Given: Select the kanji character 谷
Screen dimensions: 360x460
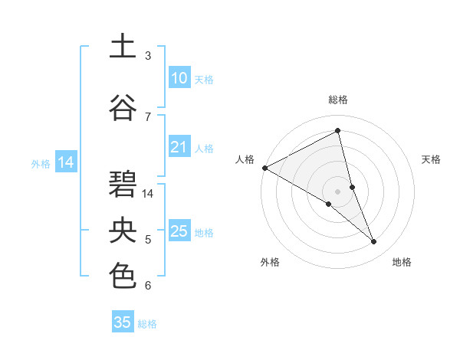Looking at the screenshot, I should (x=123, y=107).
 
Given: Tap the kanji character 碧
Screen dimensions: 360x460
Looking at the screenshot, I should (x=123, y=184).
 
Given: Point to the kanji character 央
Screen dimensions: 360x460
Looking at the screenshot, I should (x=123, y=231).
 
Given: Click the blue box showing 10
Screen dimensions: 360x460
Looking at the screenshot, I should (x=179, y=79).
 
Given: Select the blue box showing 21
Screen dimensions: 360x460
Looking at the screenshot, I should (x=179, y=148).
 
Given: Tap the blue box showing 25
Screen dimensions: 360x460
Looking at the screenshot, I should (x=179, y=232).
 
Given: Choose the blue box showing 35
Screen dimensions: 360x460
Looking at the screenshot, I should (x=123, y=322).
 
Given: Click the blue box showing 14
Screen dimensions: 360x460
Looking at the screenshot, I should (x=65, y=162).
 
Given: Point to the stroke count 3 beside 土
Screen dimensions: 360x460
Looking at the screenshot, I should (x=148, y=56).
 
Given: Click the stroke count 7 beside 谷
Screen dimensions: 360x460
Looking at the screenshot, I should (x=148, y=116).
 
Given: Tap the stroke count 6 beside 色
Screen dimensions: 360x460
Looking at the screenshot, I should (x=148, y=286).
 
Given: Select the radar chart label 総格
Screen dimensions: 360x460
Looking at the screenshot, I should (x=337, y=100).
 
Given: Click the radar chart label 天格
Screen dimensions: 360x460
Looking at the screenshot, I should (x=432, y=159).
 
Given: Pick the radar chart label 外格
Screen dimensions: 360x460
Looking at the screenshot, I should (x=270, y=262).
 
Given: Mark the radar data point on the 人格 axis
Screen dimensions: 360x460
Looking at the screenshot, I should (x=264, y=168).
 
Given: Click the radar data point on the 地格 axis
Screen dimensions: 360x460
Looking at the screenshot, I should (x=374, y=241).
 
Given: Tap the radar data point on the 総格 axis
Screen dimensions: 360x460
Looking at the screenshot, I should (x=337, y=131).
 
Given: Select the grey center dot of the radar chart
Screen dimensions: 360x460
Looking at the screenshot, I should (x=337, y=191).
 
